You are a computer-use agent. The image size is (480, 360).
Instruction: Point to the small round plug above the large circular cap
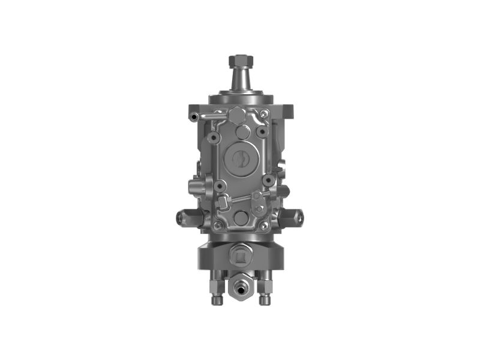point(242,132)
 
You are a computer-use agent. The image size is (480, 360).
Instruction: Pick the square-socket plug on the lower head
point(238,257)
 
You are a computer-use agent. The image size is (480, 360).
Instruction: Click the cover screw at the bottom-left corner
point(218,226)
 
